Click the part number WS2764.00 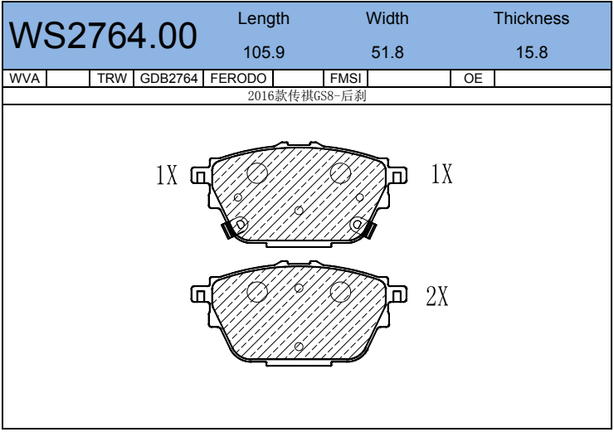(x=103, y=36)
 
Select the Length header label (x=264, y=19)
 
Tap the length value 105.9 (x=264, y=52)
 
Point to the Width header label (x=387, y=18)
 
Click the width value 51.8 (x=387, y=52)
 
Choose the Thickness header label (x=531, y=18)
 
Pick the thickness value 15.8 (x=532, y=52)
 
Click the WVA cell (x=24, y=78)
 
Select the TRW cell (x=112, y=78)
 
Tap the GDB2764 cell (x=168, y=78)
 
